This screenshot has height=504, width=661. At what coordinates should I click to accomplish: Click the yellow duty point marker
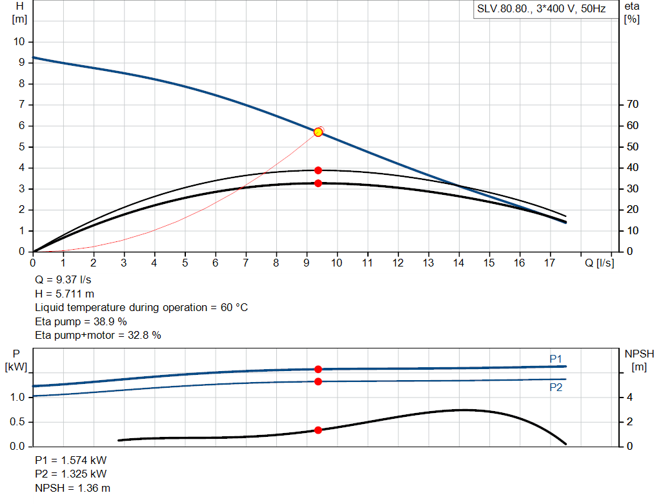pos(318,132)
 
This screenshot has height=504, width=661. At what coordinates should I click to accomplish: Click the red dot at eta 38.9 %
pos(318,170)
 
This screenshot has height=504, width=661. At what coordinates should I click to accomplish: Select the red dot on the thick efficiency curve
pos(318,183)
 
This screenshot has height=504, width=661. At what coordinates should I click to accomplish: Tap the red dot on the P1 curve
pos(318,369)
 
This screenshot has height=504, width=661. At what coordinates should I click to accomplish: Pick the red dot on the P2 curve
pos(318,381)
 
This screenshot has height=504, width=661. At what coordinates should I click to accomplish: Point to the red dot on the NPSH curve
pos(318,430)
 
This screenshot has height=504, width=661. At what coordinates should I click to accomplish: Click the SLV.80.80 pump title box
pos(545,10)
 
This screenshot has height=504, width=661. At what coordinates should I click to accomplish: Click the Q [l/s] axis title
pos(599,263)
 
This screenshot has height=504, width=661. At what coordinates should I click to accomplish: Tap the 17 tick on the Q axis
pos(551,263)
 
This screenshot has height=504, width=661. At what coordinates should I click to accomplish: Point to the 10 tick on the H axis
pos(19,41)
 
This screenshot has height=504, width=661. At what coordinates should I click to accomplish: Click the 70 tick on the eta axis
pos(632,105)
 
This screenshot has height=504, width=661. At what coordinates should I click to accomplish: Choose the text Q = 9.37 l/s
pos(63,280)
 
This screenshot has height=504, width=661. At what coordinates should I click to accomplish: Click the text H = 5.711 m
pos(65,294)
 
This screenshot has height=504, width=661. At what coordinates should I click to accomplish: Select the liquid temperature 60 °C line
pos(141,307)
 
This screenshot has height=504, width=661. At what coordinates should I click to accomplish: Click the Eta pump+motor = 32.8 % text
pos(97,335)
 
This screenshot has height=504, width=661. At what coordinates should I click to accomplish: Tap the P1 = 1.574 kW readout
pos(70,461)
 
